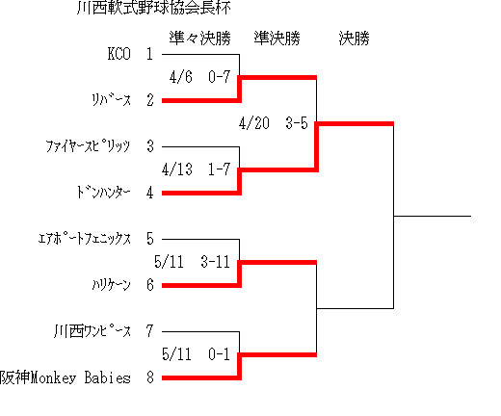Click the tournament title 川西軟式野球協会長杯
pyautogui.click(x=154, y=8)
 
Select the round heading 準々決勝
pyautogui.click(x=200, y=39)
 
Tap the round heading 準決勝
pyautogui.click(x=277, y=39)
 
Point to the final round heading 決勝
pyautogui.click(x=355, y=39)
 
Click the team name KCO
pyautogui.click(x=119, y=54)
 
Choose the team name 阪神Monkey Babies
pyautogui.click(x=66, y=377)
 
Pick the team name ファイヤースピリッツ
pyautogui.click(x=88, y=146)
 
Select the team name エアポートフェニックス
pyautogui.click(x=85, y=239)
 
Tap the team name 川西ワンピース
pyautogui.click(x=92, y=331)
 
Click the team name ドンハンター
pyautogui.click(x=103, y=193)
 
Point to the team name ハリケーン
pyautogui.click(x=112, y=285)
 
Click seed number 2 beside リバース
pyautogui.click(x=150, y=100)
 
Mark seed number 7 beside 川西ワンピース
pyautogui.click(x=150, y=331)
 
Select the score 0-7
pyautogui.click(x=220, y=77)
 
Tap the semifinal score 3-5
pyautogui.click(x=297, y=123)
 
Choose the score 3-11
pyautogui.click(x=216, y=262)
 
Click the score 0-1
pyautogui.click(x=220, y=354)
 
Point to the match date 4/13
pyautogui.click(x=177, y=169)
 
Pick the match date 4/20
pyautogui.click(x=254, y=123)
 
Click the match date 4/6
pyautogui.click(x=181, y=77)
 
